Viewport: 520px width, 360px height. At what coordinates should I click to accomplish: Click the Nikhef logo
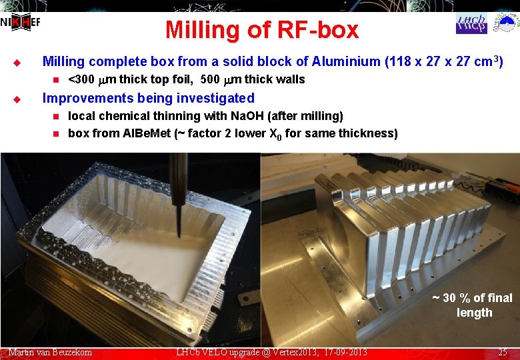coord(20,22)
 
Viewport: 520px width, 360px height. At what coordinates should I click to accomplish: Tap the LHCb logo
coord(471,23)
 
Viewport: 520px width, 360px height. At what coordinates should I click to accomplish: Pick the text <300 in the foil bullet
coord(81,79)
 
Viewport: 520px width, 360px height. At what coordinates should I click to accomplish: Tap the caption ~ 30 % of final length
coord(473,305)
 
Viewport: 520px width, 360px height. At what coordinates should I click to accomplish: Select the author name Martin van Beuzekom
coord(51,352)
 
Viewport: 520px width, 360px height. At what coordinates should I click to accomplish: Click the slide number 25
coord(503,352)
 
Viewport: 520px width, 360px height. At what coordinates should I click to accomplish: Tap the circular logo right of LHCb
coord(505,23)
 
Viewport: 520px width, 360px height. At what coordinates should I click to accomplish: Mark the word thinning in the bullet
coord(191,116)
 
